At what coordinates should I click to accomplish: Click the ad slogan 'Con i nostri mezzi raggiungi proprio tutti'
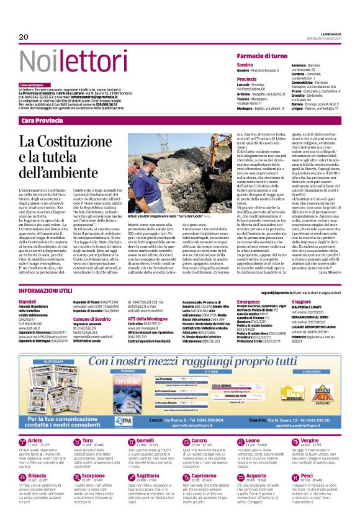[186, 362]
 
